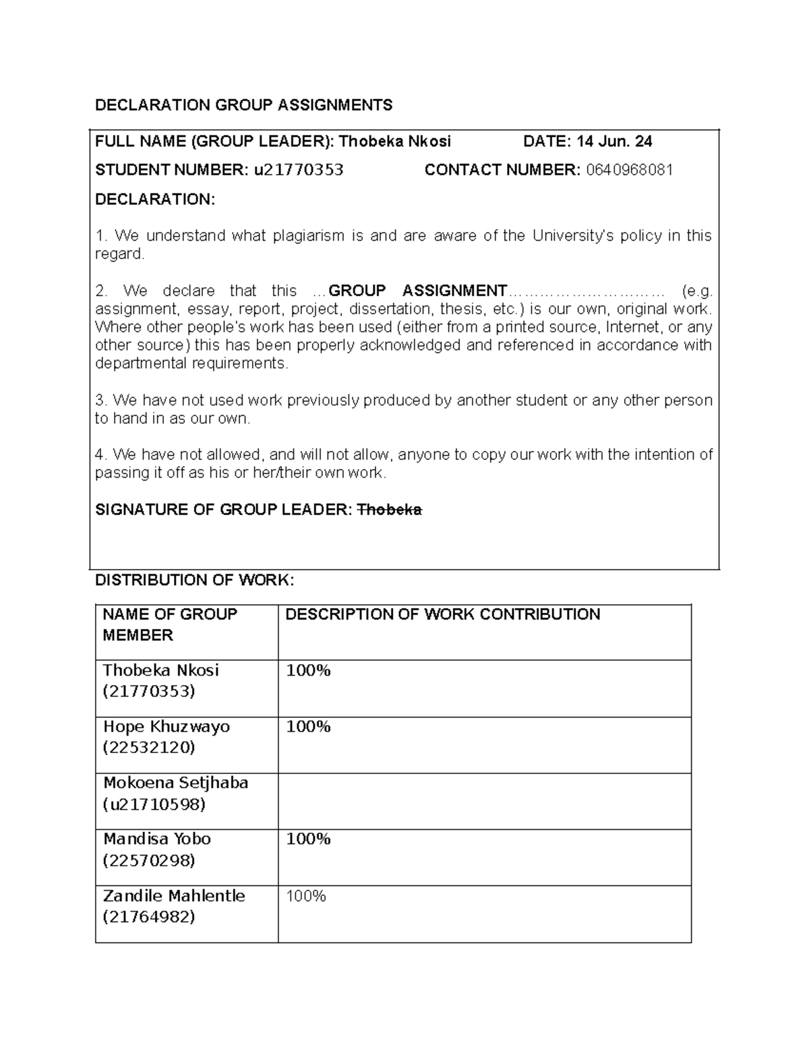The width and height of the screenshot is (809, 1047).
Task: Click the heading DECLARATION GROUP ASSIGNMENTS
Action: tap(243, 105)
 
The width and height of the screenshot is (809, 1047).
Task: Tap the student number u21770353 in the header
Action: tap(298, 170)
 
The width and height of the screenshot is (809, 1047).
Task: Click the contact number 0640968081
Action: tap(629, 170)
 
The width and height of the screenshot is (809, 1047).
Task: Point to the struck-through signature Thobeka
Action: tap(389, 510)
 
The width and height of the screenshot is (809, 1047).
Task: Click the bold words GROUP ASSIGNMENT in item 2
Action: tap(417, 291)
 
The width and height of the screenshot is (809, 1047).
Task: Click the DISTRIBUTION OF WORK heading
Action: tap(194, 580)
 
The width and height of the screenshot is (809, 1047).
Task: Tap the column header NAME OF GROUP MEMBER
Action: tap(169, 624)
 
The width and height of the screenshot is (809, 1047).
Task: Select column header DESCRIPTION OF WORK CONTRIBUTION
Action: tap(442, 614)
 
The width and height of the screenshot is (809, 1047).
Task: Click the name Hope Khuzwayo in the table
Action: tap(166, 727)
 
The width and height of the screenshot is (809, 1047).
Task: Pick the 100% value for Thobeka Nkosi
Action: tap(308, 671)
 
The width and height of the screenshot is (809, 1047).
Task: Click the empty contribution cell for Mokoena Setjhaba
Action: tap(484, 801)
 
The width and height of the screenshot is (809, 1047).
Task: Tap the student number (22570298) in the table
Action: tap(148, 860)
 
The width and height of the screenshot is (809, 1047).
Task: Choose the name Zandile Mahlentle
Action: tap(173, 896)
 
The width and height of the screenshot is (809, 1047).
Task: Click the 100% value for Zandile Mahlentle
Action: tap(306, 897)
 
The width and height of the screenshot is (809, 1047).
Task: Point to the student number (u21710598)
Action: tap(154, 804)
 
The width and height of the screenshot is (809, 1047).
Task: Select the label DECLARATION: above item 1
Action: tap(155, 200)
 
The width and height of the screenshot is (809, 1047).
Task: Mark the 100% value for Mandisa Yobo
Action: tap(308, 839)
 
